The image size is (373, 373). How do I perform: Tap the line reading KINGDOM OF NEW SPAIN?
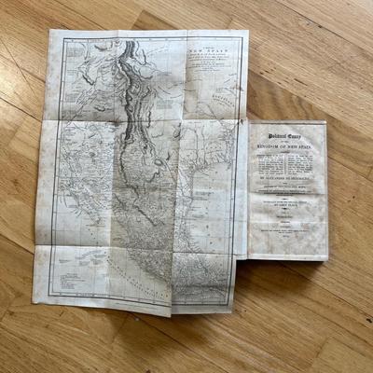pos(287,152)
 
